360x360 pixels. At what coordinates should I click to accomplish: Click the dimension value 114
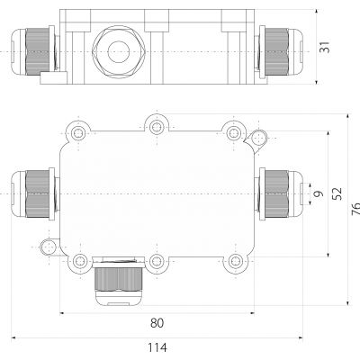(157, 347)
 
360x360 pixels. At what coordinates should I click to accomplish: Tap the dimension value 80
(157, 323)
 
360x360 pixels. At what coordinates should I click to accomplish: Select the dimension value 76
(355, 209)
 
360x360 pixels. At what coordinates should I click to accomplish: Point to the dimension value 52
(337, 193)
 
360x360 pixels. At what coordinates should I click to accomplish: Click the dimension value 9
(319, 193)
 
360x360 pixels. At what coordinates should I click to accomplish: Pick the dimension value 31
(324, 47)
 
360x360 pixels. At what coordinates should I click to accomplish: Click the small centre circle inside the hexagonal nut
(119, 51)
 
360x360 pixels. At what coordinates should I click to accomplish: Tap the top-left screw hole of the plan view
(78, 132)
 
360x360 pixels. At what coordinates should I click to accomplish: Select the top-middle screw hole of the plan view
(157, 127)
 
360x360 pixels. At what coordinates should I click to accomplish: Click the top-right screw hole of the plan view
(234, 132)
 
